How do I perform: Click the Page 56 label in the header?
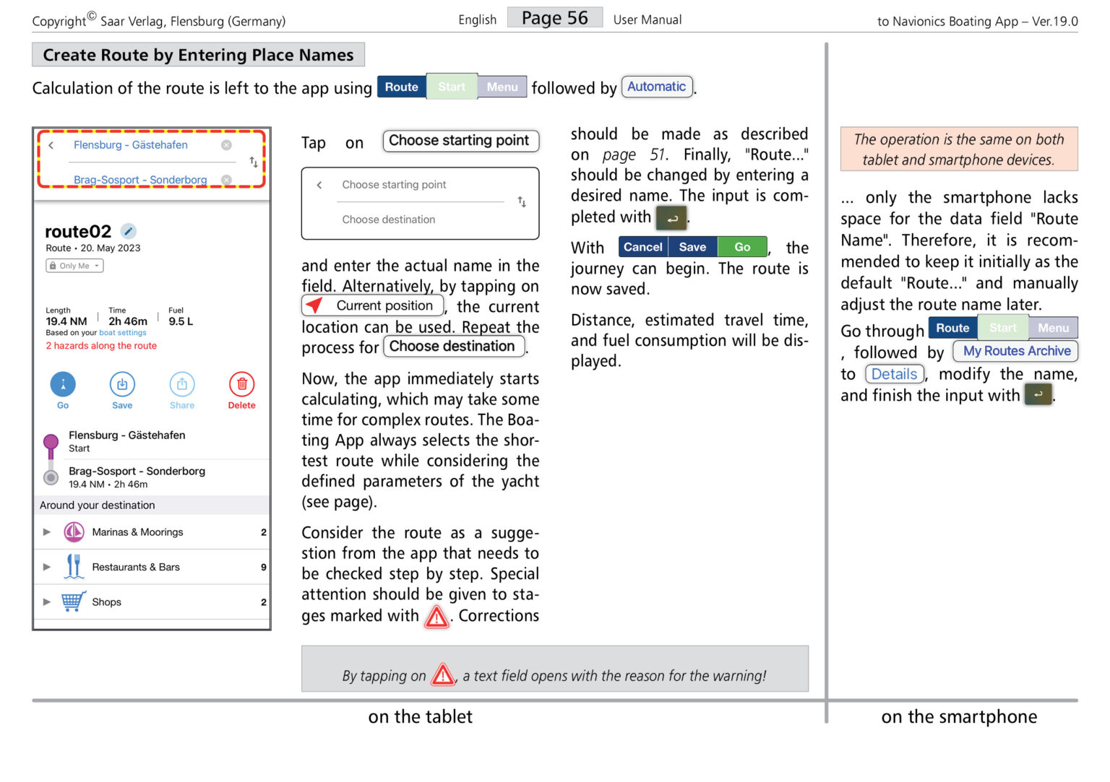[x=554, y=18]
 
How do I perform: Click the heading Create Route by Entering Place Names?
[x=198, y=55]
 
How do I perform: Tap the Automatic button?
[x=656, y=87]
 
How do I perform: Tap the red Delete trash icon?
[x=242, y=385]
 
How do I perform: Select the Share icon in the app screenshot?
[x=182, y=385]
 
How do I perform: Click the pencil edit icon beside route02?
[x=128, y=231]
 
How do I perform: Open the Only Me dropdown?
[x=75, y=266]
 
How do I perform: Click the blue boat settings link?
[x=122, y=333]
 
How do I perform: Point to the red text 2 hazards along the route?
[x=101, y=346]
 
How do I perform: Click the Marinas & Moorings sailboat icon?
[x=74, y=532]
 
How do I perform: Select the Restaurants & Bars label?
[x=136, y=568]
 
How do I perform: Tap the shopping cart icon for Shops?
[x=73, y=601]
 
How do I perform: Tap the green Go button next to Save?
[x=742, y=247]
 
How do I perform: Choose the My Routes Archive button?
[x=1016, y=351]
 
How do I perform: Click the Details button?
[x=894, y=374]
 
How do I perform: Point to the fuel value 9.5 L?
[x=181, y=321]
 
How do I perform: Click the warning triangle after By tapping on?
[x=443, y=675]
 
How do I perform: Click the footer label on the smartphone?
[x=959, y=717]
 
